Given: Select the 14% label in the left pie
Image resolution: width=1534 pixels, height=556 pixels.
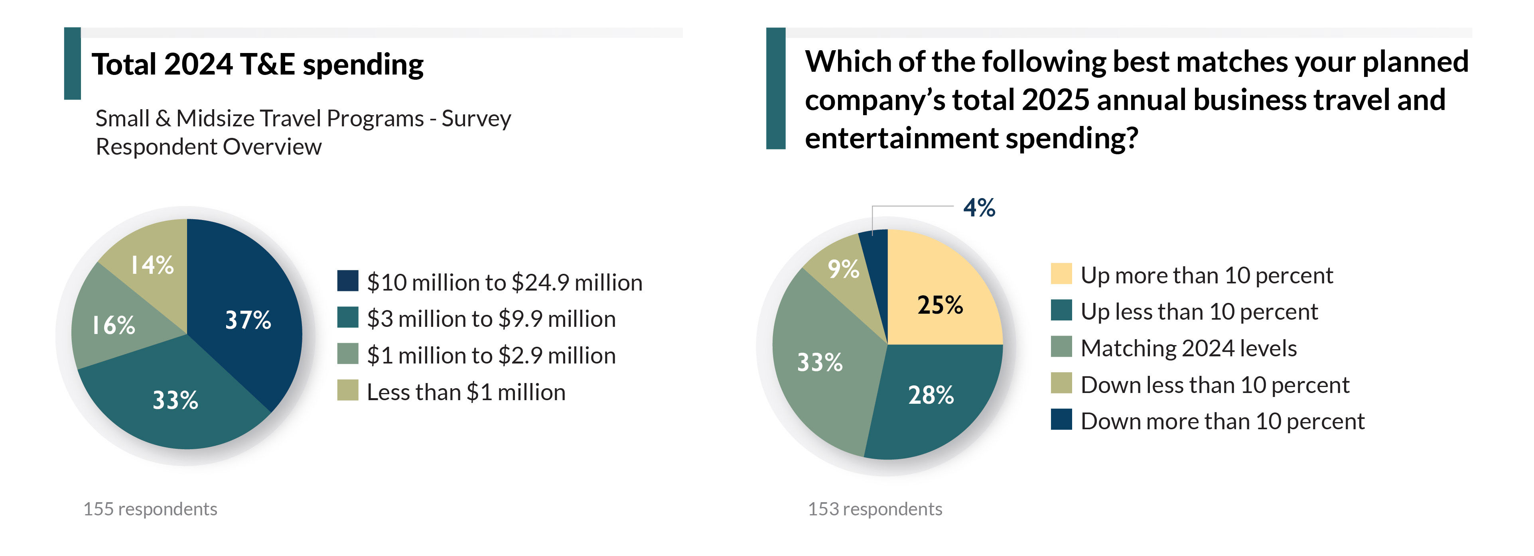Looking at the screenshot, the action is point(152,265).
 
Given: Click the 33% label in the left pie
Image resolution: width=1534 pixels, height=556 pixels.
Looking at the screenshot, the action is point(175,400).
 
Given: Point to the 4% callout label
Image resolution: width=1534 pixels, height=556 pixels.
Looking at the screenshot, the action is point(979,208).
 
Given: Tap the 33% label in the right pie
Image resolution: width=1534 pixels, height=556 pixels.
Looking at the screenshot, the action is point(820,362).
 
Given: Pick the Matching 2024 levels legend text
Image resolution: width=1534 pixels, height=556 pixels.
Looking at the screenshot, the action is point(1189,348).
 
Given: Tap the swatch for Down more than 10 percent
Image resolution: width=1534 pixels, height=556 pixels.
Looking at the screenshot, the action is point(1061,420).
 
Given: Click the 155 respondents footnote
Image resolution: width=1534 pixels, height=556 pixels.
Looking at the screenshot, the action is point(150,509).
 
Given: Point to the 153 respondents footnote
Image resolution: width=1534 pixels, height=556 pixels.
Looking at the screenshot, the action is point(875,509).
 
